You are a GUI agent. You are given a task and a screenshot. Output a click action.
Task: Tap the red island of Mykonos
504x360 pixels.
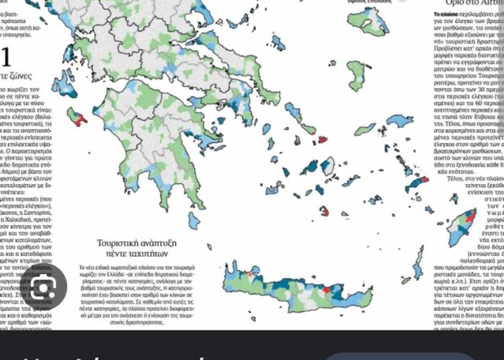(x=322, y=140)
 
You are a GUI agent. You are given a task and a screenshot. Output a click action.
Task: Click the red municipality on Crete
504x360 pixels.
(x=327, y=289)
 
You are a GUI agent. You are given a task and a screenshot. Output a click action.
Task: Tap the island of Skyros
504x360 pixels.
(x=293, y=111)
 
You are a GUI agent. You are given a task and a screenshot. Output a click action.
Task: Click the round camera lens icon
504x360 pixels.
(x=44, y=287)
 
